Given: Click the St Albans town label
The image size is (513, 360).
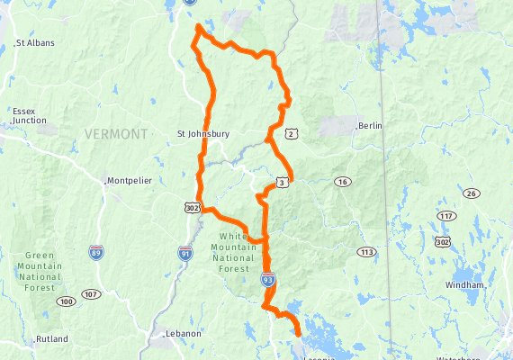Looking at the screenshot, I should tap(36, 42).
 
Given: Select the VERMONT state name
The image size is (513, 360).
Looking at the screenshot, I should tap(114, 134).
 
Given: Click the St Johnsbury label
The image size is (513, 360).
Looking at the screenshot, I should tap(202, 134).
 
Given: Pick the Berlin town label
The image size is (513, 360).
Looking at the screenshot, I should tap(371, 127).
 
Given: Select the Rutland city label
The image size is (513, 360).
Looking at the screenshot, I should tap(52, 339).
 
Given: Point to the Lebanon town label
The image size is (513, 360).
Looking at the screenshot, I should tap(184, 333).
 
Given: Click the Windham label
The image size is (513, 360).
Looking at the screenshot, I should tap(464, 285).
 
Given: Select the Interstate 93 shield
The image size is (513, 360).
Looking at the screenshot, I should tap(268, 280).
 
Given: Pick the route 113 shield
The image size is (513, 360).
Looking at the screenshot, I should tap(365, 252).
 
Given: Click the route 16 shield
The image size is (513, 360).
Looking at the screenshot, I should tap(342, 182).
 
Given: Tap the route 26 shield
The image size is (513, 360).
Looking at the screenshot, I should tap(471, 193).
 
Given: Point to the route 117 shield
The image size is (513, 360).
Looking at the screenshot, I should tap(446, 217).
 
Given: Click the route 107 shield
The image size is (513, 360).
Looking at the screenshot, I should tap(91, 294).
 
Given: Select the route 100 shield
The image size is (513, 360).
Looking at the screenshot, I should tap(66, 301).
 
